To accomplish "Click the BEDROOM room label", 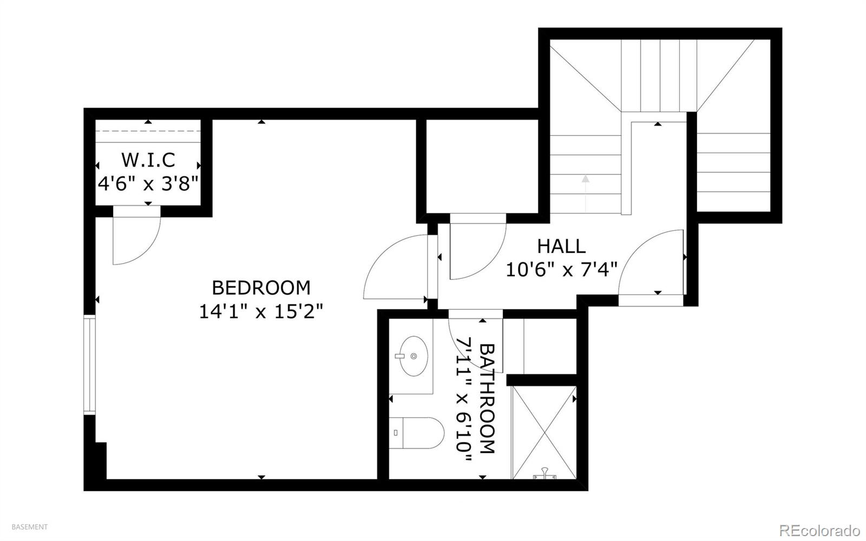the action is tap(261, 288).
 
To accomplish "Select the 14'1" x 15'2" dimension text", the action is tap(261, 311).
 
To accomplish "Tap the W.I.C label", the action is tap(148, 160).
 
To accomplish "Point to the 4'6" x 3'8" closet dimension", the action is tap(148, 183).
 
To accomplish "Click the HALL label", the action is tap(561, 246).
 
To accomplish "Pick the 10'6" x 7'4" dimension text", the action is tap(561, 270).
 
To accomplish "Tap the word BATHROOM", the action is tap(487, 399).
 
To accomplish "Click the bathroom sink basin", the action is tap(414, 356).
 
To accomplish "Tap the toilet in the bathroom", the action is tap(416, 433).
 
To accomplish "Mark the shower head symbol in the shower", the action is tap(544, 473).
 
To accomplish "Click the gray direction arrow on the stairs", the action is tap(586, 193).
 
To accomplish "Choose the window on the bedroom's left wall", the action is tap(89, 365).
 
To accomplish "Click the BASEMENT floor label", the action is tap(29, 527).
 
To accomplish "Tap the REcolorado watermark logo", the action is tap(819, 530).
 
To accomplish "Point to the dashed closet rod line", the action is tap(148, 131).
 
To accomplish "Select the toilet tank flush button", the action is tap(396, 433).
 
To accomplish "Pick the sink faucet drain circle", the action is tap(414, 356).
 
